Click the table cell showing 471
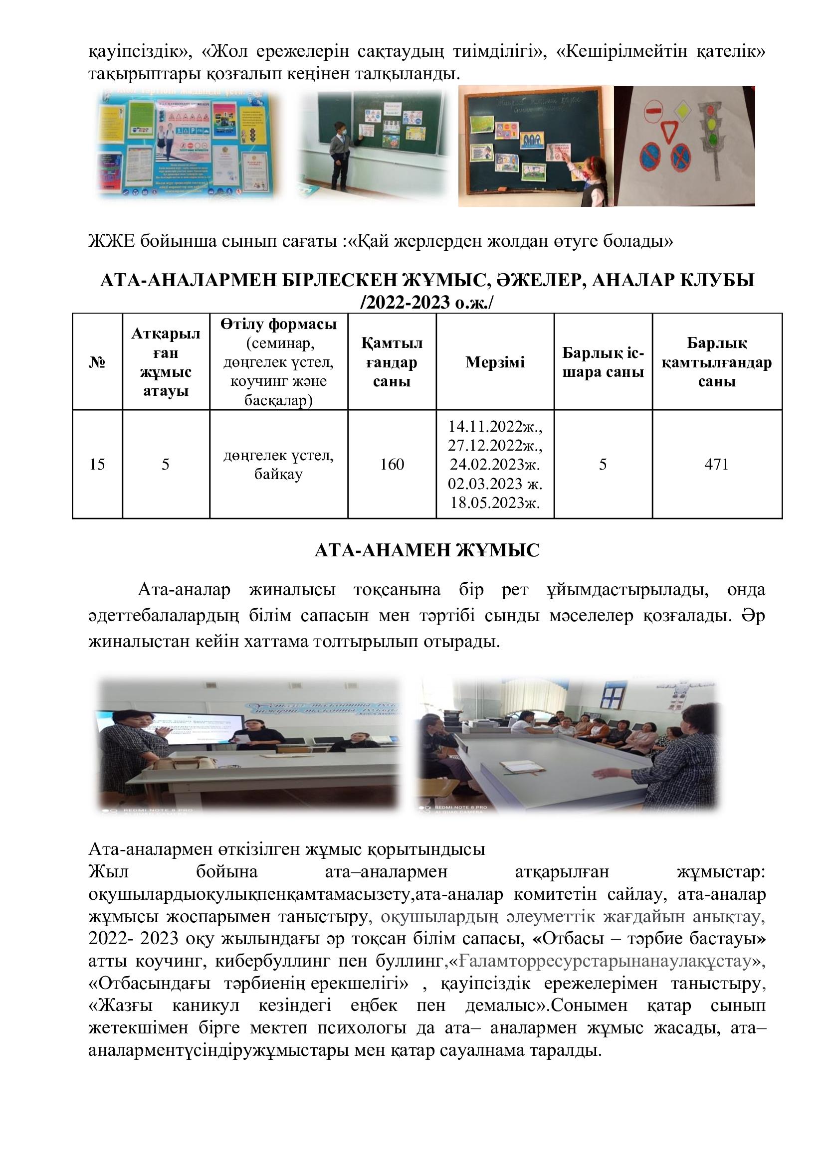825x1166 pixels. click(716, 464)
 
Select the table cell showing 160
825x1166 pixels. click(392, 464)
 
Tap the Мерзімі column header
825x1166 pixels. click(495, 362)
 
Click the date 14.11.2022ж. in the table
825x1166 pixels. click(495, 426)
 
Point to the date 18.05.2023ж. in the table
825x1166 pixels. click(495, 503)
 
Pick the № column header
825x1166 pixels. click(97, 362)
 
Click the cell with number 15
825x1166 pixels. click(97, 464)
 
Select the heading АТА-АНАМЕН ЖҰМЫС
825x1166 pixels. click(427, 550)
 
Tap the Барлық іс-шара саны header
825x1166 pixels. click(603, 362)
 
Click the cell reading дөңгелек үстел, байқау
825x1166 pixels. click(278, 464)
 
